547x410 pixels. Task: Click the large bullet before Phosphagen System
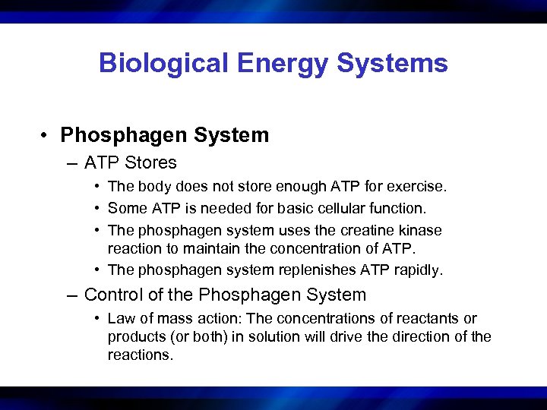point(46,136)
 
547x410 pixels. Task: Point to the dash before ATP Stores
point(72,162)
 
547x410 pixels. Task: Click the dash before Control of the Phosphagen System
point(72,295)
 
